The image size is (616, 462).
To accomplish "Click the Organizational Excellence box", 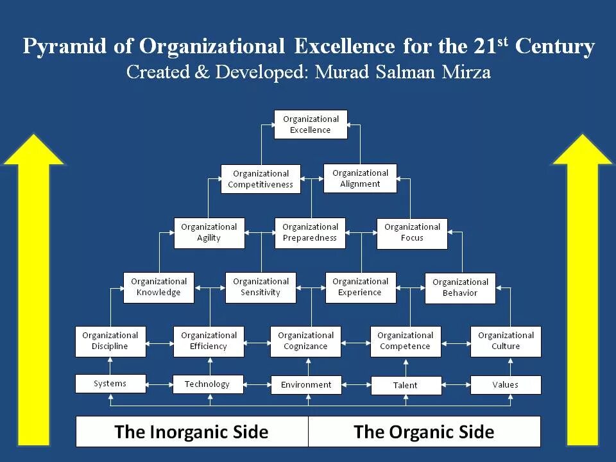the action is click(x=311, y=124).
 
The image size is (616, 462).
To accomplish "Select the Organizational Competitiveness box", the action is click(x=260, y=179).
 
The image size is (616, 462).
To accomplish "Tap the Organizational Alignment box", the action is click(x=360, y=178).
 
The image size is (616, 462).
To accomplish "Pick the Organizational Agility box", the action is click(x=209, y=233).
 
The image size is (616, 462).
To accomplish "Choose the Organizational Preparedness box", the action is click(x=310, y=233).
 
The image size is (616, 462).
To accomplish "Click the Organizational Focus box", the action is click(x=412, y=233).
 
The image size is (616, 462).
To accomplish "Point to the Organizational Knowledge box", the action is click(x=158, y=287).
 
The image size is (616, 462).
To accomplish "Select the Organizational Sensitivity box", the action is click(x=261, y=287).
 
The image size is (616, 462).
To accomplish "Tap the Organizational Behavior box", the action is click(x=460, y=287).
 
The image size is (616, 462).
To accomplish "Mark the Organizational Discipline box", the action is click(x=110, y=341).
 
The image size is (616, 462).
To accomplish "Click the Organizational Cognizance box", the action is click(x=305, y=341).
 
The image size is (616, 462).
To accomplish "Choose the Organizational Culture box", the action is click(x=506, y=341).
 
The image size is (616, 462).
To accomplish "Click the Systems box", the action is click(x=110, y=384).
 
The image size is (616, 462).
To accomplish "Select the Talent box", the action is click(x=405, y=385).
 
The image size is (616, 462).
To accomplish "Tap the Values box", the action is click(x=506, y=385).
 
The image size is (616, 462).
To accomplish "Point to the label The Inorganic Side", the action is click(x=191, y=432).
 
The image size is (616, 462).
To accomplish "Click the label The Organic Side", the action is click(x=424, y=432).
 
